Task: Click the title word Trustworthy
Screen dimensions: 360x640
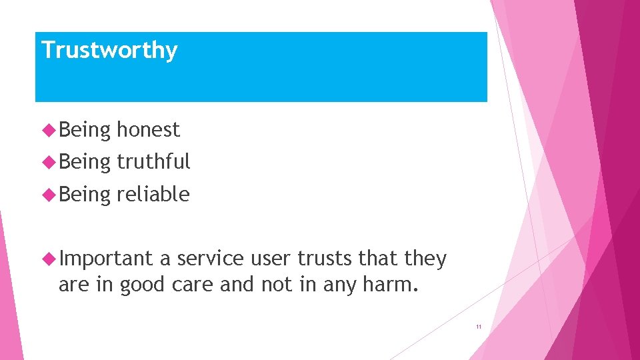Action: coord(109,51)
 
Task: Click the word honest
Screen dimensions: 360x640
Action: coord(148,129)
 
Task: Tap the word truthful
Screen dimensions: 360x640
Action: coord(153,161)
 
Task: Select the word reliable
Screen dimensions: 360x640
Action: coord(153,194)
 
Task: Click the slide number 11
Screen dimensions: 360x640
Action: coord(478,327)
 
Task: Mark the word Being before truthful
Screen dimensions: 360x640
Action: coord(85,161)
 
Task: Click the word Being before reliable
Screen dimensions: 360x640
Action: coord(85,194)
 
